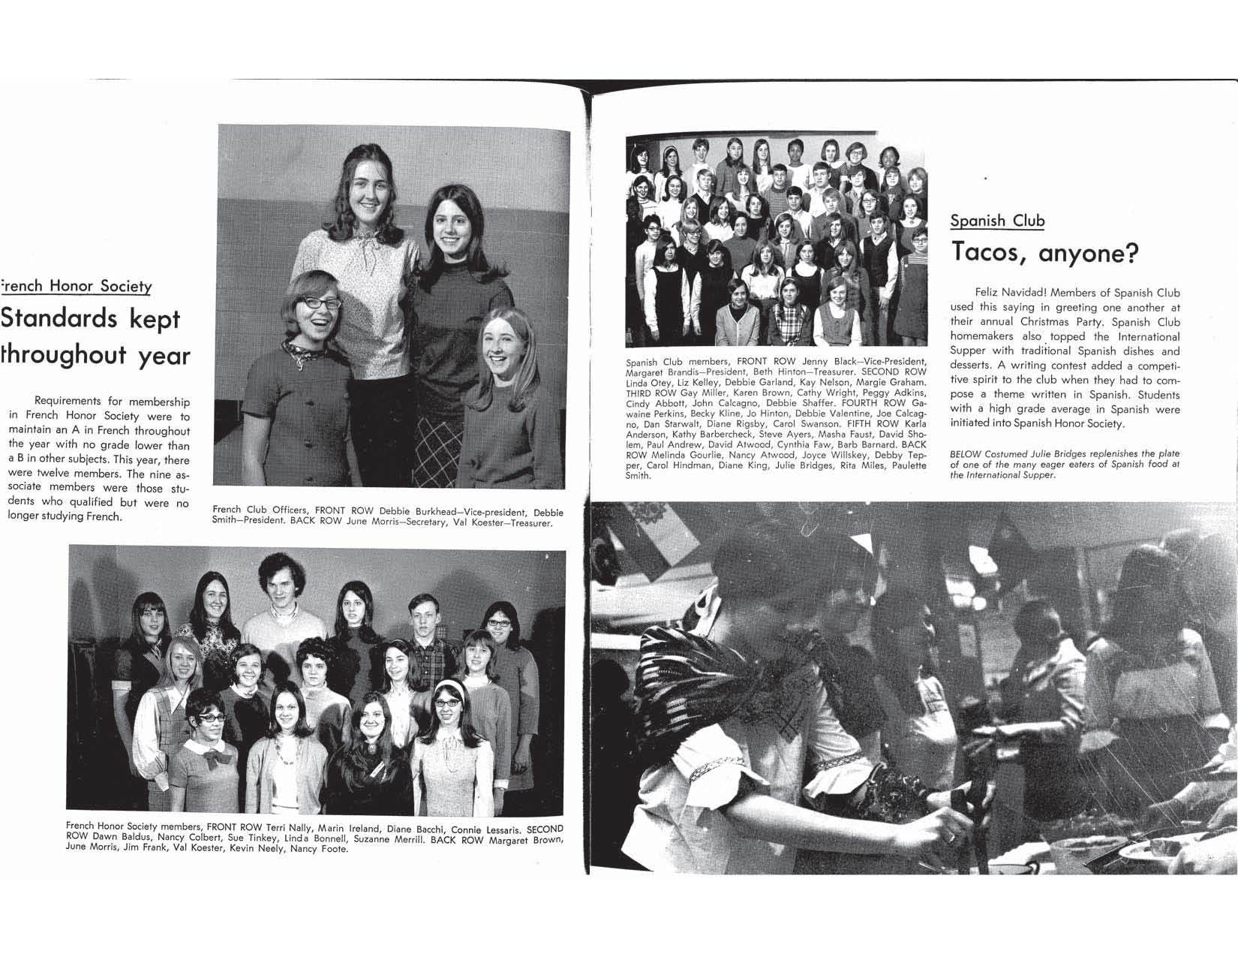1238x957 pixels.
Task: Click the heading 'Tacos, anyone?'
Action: [1044, 253]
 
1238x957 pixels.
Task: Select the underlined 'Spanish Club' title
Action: [996, 221]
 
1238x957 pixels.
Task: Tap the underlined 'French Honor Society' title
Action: [77, 286]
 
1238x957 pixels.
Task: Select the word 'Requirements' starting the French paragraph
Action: [70, 402]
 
